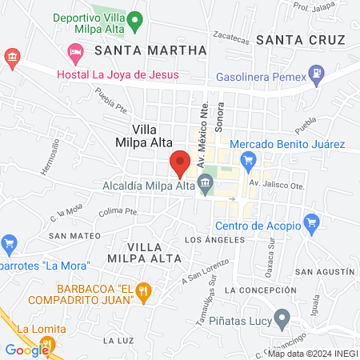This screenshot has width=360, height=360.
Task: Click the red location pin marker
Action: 180,162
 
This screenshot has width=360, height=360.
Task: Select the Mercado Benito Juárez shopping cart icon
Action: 249,159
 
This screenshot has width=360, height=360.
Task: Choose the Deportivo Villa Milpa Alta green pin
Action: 135,18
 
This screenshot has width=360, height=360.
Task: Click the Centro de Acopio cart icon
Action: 312,222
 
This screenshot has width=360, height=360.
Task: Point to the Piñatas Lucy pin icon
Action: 281,319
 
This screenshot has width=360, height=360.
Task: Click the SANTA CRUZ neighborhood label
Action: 299,40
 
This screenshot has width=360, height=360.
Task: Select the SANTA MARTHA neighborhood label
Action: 150,50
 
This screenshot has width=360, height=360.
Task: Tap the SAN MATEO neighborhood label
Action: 74,236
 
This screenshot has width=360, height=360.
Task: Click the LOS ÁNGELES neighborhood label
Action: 213,240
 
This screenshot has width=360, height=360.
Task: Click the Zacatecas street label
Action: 232,35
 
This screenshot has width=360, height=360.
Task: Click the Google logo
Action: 27,350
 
